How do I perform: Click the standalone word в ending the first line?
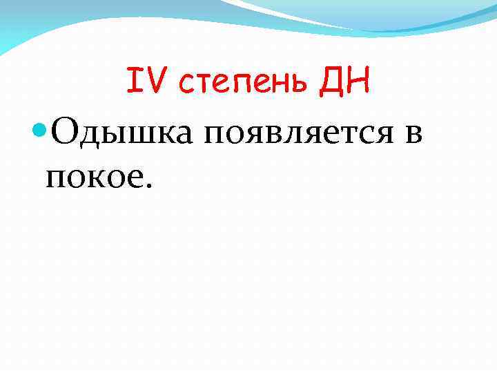pos(413,132)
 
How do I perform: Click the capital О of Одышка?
pos(64,129)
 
